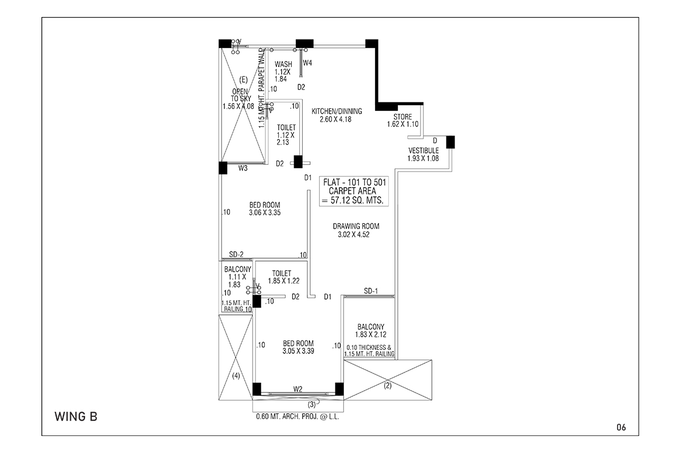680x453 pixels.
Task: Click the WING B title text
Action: (x=76, y=417)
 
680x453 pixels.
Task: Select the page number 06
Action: (x=621, y=427)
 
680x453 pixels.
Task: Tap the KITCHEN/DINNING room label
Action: (x=337, y=112)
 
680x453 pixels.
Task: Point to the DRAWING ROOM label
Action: (x=356, y=226)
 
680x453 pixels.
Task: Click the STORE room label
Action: (x=403, y=117)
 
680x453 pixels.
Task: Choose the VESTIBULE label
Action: (x=423, y=151)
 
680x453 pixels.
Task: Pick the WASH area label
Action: (x=283, y=65)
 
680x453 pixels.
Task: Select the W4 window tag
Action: (x=307, y=63)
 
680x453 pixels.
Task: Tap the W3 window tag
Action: (x=243, y=168)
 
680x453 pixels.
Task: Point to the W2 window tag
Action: (x=298, y=388)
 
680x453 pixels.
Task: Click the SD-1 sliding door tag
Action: (x=371, y=291)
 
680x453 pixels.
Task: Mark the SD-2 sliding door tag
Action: (x=236, y=254)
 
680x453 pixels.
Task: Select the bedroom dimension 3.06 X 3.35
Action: (x=265, y=213)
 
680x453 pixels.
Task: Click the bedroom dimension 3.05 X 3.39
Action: (x=298, y=351)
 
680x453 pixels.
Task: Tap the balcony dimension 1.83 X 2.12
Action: (x=371, y=334)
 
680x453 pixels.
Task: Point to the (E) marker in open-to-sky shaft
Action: (x=244, y=80)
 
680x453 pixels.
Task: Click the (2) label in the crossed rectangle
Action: (x=388, y=386)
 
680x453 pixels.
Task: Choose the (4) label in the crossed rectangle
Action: (x=236, y=375)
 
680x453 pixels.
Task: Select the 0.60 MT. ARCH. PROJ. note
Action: (x=297, y=417)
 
